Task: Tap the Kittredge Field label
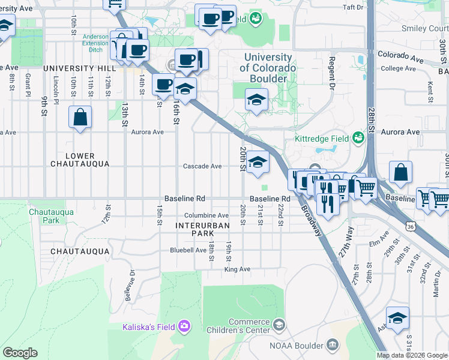click(322, 138)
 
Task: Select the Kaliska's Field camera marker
click(184, 326)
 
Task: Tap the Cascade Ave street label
click(202, 166)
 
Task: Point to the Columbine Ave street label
click(206, 215)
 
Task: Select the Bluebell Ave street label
click(188, 250)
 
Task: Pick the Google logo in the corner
click(20, 353)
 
